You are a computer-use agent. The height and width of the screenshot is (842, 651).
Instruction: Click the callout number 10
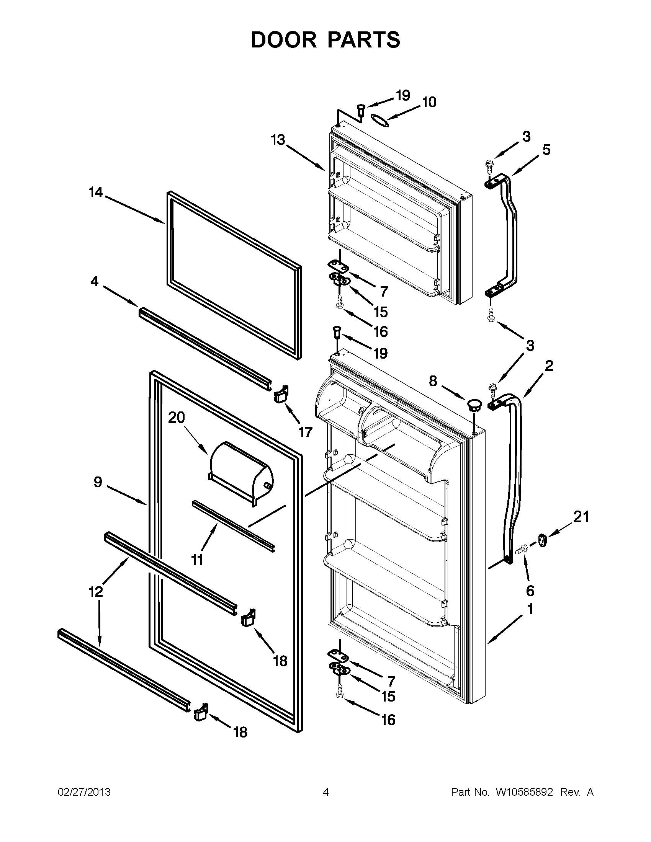[x=429, y=102]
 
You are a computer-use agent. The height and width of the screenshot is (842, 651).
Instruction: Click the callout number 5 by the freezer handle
[x=546, y=150]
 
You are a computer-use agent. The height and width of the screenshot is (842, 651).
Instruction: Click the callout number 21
[x=581, y=517]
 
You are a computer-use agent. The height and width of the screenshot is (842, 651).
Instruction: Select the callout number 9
[x=98, y=482]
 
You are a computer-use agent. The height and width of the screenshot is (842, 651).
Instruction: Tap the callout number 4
[x=95, y=281]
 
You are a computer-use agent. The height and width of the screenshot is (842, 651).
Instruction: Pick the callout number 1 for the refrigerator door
[x=530, y=609]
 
